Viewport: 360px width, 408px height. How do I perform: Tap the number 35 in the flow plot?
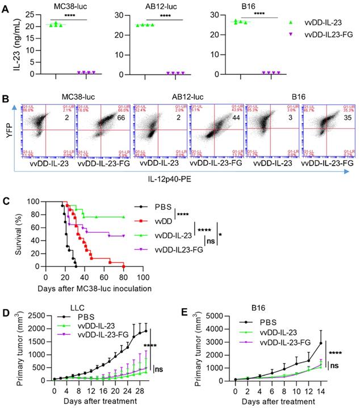coord(342,117)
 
